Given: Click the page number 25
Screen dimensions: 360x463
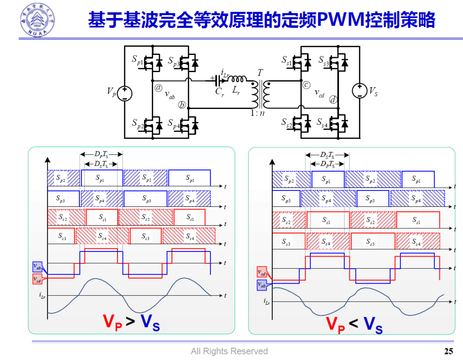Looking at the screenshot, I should coord(448,351).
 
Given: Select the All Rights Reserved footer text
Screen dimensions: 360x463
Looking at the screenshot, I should coord(229,351).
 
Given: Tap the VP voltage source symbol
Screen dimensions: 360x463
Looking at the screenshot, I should coord(124,93).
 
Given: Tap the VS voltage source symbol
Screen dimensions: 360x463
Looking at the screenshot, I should coord(359,91).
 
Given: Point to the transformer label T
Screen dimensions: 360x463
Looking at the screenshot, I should coord(260,73).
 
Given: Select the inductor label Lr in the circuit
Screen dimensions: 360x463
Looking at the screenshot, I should coord(237,91).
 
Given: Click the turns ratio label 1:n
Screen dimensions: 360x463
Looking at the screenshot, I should coord(258,113).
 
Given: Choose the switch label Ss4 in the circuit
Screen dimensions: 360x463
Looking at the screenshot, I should coord(322,123).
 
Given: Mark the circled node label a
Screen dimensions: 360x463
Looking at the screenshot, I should coord(159,88).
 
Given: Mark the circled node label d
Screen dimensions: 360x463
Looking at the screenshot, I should coord(333,100).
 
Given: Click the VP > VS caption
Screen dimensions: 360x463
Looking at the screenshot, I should coord(131,322).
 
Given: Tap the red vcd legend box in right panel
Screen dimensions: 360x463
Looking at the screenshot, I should coord(262,272).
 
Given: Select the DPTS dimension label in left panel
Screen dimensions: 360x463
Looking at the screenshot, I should coord(101,154).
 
